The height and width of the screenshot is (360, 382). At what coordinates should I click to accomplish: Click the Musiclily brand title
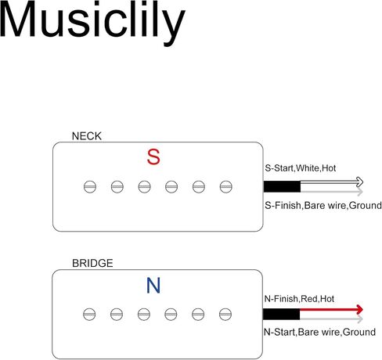pos(92,23)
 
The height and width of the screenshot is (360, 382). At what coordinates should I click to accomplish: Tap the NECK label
pos(87,136)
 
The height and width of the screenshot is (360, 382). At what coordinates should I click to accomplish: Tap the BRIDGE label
pos(92,263)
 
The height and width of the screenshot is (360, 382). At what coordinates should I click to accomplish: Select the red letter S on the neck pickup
pos(153,157)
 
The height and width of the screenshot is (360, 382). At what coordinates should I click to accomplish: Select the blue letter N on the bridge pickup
pos(153,286)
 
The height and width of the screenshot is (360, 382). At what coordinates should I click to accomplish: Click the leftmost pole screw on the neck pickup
pos(90,187)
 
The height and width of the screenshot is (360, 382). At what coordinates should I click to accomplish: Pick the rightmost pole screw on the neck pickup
pos(225,187)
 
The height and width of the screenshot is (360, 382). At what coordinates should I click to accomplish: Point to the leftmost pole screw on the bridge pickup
pos(89,315)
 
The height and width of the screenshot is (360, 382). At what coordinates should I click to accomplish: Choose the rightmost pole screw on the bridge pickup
pos(225,315)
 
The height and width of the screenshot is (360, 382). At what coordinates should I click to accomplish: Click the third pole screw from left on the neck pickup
pos(144,187)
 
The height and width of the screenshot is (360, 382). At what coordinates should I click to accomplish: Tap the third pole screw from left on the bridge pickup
pos(144,315)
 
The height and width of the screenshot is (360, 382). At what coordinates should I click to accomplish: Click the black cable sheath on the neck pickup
pos(282,186)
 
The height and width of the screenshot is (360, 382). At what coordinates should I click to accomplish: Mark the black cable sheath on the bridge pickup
pos(281,314)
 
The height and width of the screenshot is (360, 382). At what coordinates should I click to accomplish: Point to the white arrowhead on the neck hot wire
pos(359,182)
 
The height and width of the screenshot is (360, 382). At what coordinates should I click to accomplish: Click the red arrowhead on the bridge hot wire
pos(359,310)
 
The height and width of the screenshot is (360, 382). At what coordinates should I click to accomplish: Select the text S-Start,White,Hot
pos(301,168)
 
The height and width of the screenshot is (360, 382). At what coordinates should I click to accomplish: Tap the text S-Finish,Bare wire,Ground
pos(323,206)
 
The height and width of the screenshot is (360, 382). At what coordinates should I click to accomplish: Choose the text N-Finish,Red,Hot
pos(299,299)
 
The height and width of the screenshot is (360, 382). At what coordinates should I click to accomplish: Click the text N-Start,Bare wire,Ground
pos(320,333)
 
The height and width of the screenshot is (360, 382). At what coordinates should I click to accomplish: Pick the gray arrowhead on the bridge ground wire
pos(360,319)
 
